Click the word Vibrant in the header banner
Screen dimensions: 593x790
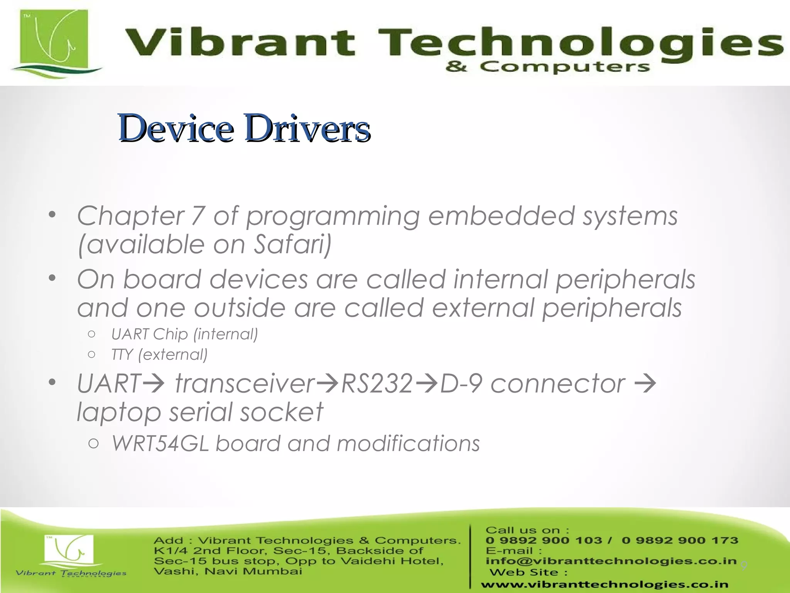(x=239, y=43)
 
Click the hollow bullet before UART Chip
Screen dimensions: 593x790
(x=92, y=334)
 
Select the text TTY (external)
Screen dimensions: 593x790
(x=159, y=354)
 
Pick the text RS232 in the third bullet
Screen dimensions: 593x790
(x=377, y=384)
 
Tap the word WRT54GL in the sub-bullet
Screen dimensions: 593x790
(x=160, y=443)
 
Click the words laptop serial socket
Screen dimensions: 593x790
(x=200, y=412)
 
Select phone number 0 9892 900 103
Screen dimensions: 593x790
(x=544, y=540)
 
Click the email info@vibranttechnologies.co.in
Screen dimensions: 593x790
(x=611, y=561)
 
